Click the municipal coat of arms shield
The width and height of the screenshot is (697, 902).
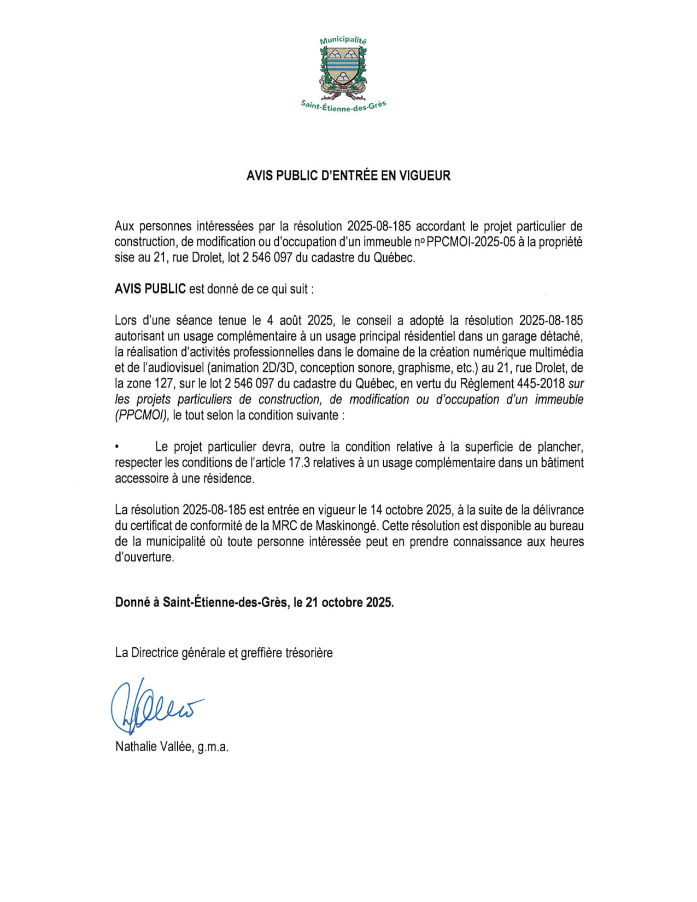point(343,68)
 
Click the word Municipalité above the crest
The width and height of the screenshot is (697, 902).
point(343,40)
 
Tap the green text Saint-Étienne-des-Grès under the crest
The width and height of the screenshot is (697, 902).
point(343,106)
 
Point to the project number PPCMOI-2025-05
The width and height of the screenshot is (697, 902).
point(471,242)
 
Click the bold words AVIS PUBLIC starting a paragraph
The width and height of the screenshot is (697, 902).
point(150,289)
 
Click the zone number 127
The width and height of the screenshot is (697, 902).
point(163,384)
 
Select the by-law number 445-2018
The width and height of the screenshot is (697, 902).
point(541,384)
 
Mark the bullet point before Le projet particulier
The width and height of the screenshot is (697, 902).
point(117,447)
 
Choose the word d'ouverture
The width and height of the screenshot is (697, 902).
point(144,558)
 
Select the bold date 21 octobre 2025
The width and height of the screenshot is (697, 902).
point(349,602)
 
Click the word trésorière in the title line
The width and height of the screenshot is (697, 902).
point(309,653)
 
